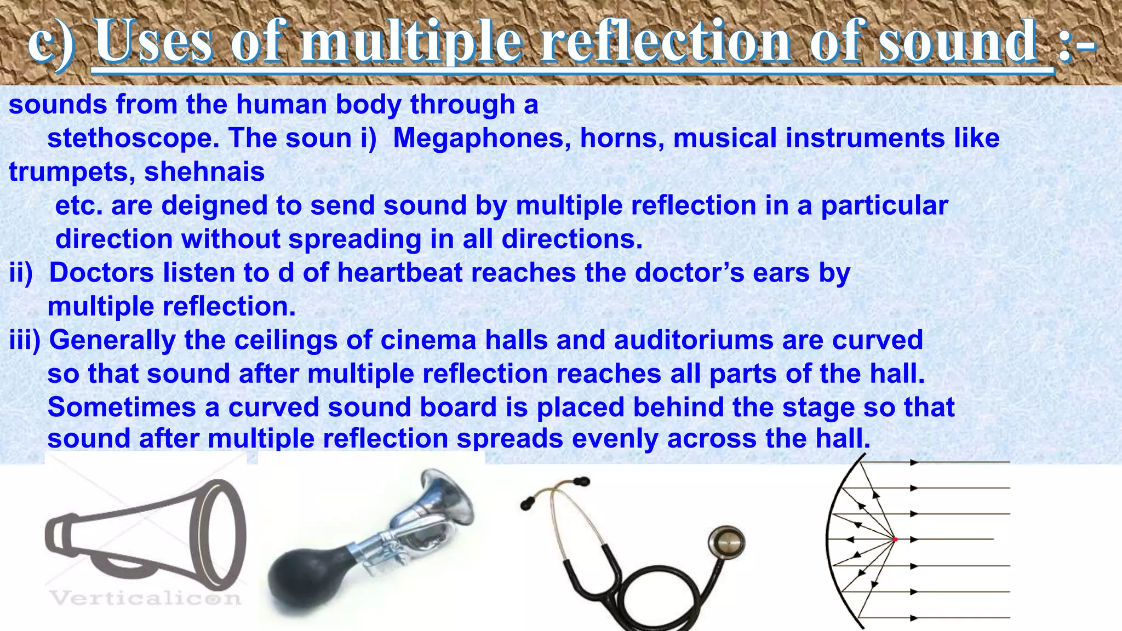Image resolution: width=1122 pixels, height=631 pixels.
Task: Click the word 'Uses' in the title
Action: pos(154,41)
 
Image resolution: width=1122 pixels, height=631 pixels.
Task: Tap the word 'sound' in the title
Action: pos(958,41)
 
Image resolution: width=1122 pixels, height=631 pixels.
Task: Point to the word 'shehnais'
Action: pos(204,172)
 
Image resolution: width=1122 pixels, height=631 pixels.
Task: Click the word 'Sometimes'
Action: pos(122,408)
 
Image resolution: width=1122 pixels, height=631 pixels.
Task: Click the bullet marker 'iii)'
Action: pos(25,340)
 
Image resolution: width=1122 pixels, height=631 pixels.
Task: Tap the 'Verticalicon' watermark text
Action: pos(145,598)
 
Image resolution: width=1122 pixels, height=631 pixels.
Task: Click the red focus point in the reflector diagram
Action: pos(895,540)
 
